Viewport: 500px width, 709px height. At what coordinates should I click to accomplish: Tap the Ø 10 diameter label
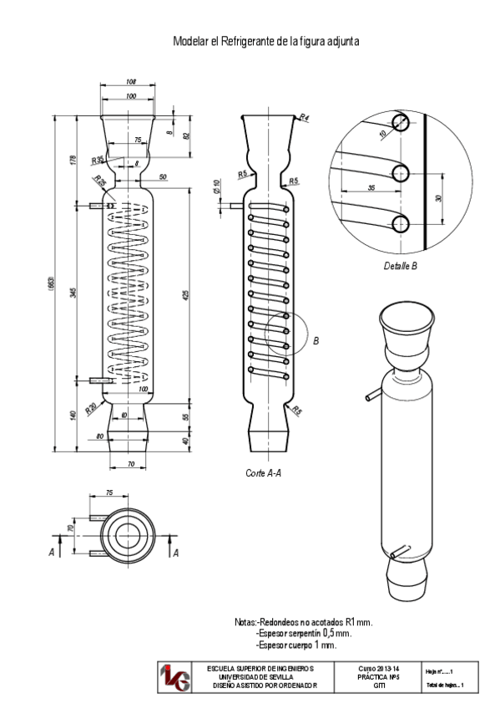tap(217, 186)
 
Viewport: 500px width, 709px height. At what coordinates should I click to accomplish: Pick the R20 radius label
tap(90, 411)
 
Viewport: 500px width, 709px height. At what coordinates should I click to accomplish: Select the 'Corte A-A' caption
tap(263, 473)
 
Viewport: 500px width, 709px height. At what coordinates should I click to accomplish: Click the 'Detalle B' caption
tap(400, 267)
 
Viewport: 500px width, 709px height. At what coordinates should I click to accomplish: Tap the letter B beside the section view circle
tap(316, 341)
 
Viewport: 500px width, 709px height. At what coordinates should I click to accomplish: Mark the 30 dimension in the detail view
tap(439, 198)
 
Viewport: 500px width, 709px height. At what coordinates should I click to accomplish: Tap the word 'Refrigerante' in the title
tap(249, 41)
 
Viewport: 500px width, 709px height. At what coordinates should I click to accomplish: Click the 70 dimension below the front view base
tap(131, 463)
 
